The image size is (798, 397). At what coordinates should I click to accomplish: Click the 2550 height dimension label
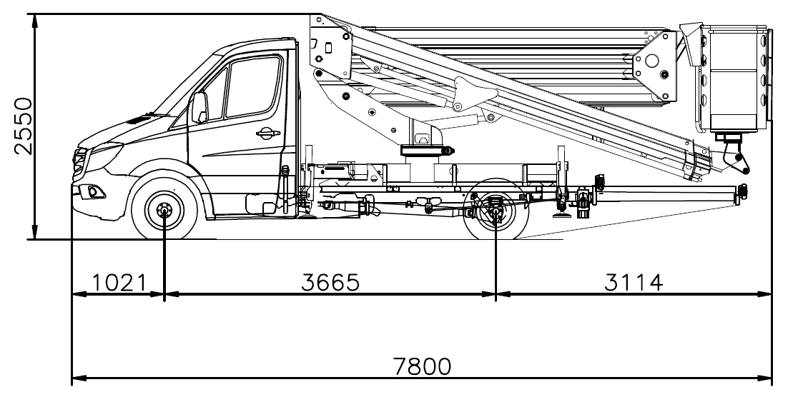tap(24, 126)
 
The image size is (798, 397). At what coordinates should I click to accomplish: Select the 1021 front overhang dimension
tap(120, 283)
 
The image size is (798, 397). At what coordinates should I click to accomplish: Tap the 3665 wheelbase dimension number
tap(330, 283)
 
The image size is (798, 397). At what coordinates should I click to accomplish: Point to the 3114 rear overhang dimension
tap(634, 283)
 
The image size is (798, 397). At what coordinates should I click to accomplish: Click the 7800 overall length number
tap(423, 366)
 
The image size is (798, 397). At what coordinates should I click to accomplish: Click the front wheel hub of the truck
tap(164, 209)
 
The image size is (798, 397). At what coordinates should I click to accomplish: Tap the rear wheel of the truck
tap(496, 209)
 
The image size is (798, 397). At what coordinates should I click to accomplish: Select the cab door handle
tap(267, 134)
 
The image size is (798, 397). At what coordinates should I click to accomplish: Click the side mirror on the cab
tap(199, 107)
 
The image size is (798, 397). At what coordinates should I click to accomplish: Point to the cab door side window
tap(253, 86)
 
